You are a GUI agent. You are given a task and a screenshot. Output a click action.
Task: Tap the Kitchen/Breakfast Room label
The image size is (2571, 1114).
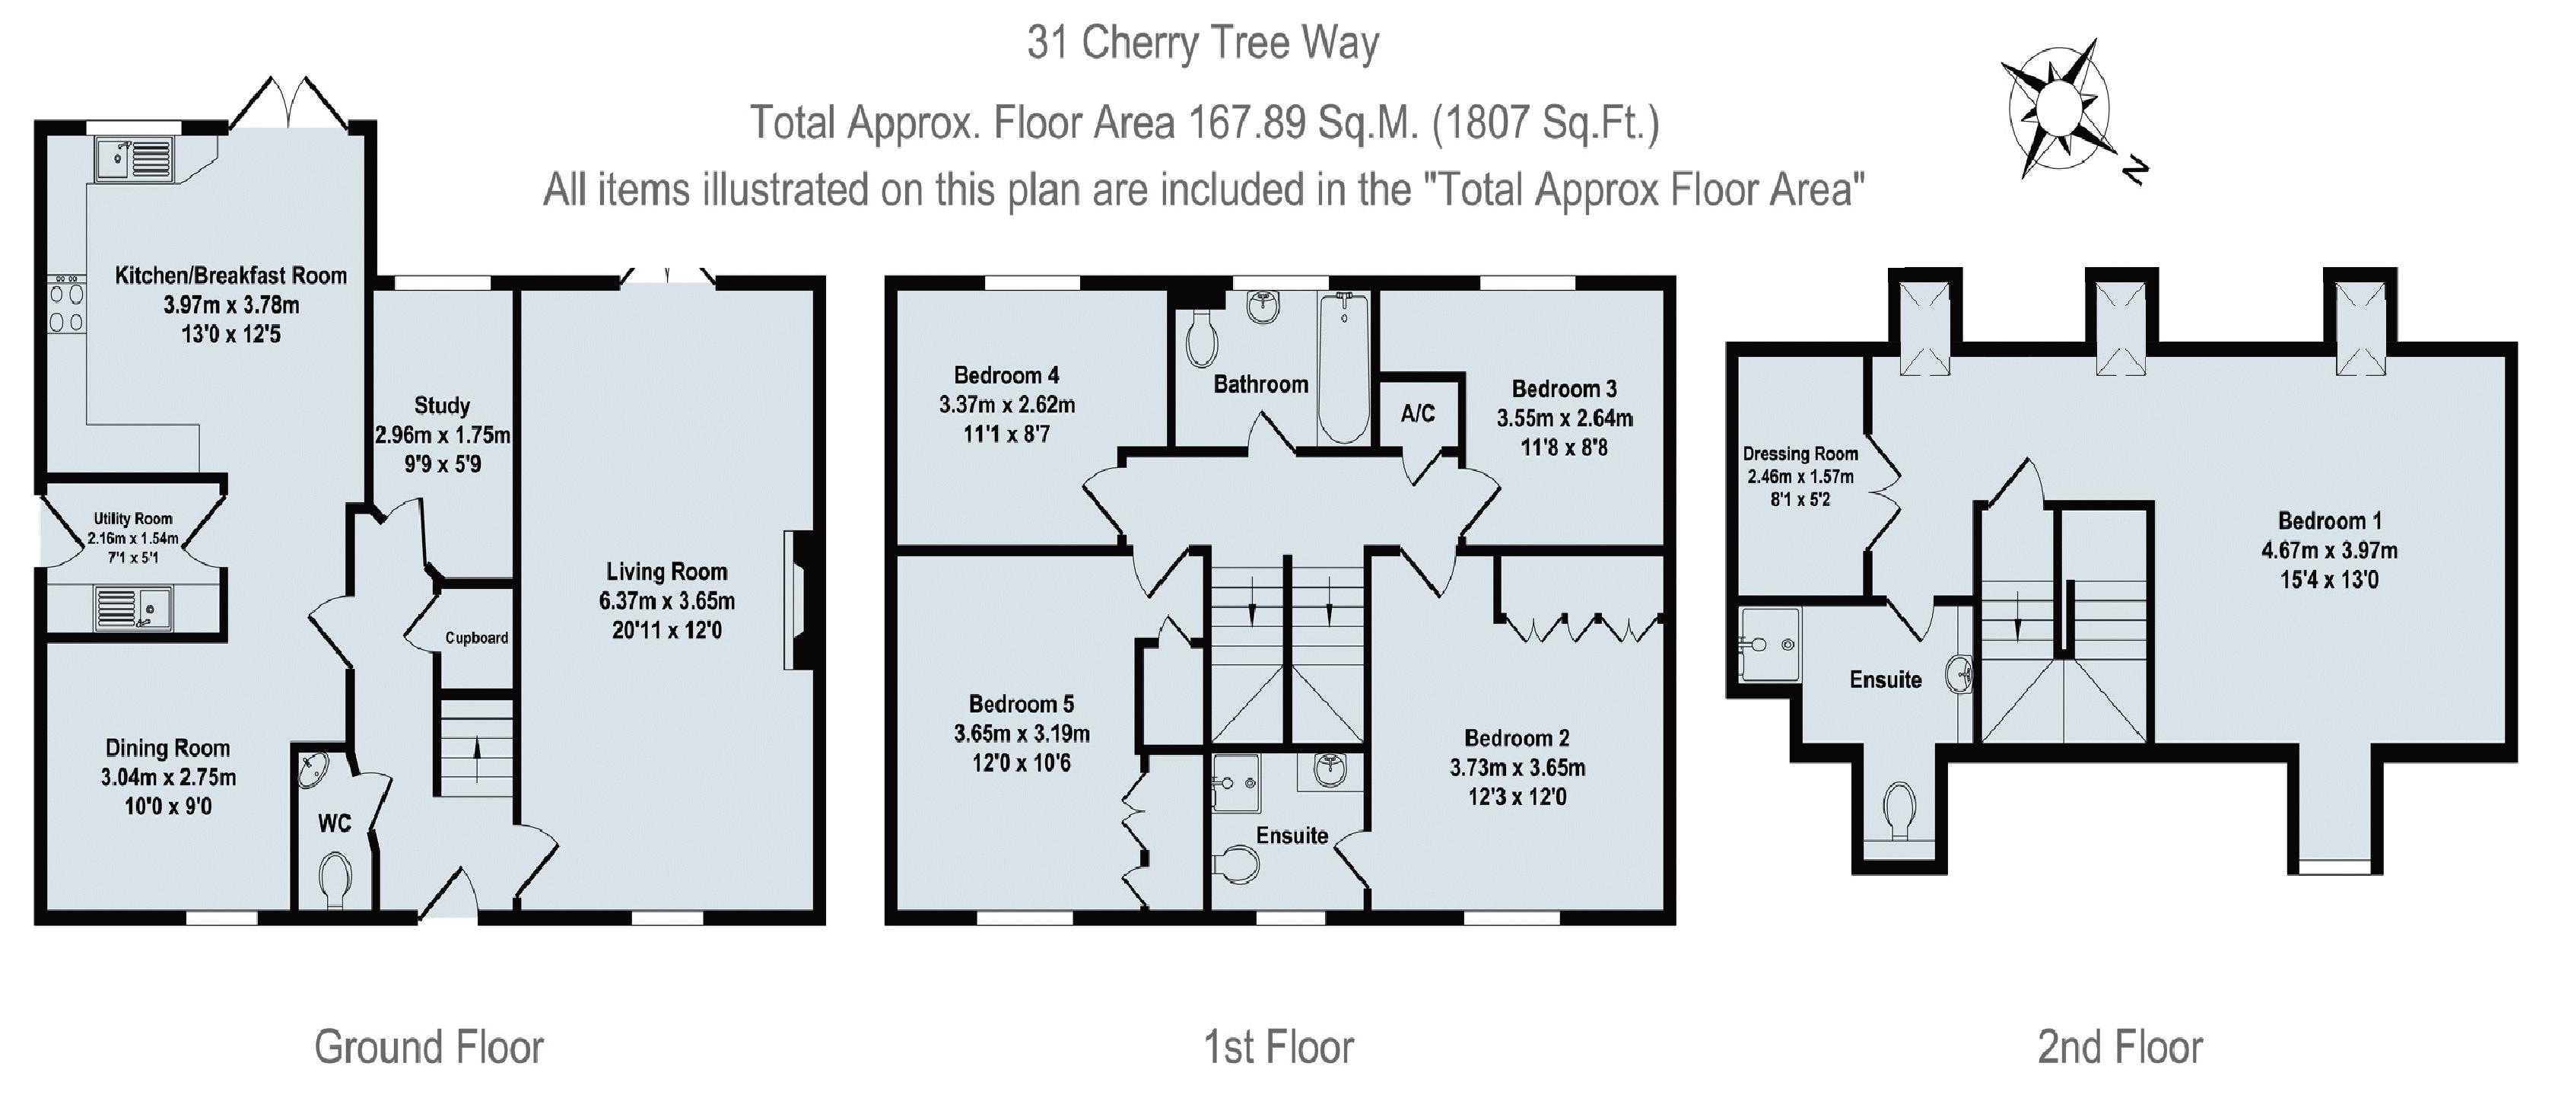click(x=230, y=275)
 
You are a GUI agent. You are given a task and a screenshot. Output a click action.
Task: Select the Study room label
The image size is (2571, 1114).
click(x=442, y=406)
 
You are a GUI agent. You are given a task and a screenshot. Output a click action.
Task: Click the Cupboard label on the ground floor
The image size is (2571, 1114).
click(x=476, y=638)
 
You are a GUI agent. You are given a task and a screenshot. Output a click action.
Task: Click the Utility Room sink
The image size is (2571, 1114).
click(x=134, y=609)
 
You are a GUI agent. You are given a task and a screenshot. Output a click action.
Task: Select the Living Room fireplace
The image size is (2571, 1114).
click(x=799, y=600)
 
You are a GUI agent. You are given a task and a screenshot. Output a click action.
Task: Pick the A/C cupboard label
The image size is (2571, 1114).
click(x=1417, y=413)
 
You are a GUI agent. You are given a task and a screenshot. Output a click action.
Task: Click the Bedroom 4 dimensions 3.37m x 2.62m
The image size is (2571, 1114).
click(x=1006, y=404)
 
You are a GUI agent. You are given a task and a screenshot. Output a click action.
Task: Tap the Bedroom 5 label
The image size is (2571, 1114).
click(x=1021, y=704)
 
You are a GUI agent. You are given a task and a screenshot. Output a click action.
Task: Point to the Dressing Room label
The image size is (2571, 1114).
click(x=1800, y=454)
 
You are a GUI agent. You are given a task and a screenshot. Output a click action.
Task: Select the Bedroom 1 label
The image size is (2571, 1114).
click(x=2329, y=520)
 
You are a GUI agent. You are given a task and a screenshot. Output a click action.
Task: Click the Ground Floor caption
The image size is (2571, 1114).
click(x=429, y=1047)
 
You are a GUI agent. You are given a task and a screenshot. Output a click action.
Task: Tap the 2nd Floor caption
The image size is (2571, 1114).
click(x=2120, y=1047)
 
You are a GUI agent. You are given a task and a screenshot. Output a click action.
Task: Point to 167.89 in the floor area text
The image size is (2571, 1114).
click(x=1247, y=123)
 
